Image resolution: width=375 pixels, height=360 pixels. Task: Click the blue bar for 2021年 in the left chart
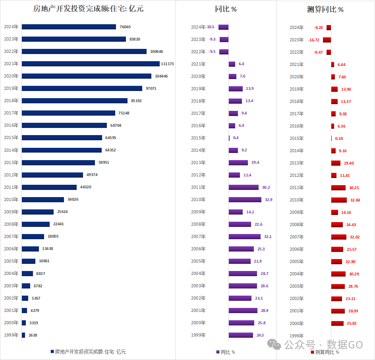(x=91, y=64)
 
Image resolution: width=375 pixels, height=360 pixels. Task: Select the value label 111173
(x=167, y=64)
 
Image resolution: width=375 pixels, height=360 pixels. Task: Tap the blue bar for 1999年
(x=23, y=335)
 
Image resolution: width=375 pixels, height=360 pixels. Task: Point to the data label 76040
(x=125, y=27)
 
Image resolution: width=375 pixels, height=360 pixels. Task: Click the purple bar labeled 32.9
(x=245, y=199)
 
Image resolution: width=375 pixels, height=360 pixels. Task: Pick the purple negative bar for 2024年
(x=223, y=27)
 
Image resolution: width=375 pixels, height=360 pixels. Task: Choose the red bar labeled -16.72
(x=327, y=40)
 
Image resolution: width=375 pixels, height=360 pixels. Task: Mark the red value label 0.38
(x=339, y=139)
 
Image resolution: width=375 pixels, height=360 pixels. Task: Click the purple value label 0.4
(x=236, y=138)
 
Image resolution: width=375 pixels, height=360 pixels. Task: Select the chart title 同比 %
(x=226, y=9)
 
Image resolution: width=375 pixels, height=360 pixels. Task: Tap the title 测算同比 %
(x=325, y=9)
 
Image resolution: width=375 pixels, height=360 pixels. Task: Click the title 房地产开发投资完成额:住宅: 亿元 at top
(x=88, y=9)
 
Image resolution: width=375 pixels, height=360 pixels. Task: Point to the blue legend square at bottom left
(x=52, y=351)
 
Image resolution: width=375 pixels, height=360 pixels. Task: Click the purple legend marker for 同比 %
(x=218, y=352)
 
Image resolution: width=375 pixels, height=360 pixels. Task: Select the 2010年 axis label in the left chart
(x=11, y=199)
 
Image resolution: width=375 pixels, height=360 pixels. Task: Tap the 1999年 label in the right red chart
(x=297, y=336)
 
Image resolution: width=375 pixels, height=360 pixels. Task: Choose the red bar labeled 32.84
(x=339, y=200)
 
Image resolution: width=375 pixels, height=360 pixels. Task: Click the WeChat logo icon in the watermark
(x=274, y=345)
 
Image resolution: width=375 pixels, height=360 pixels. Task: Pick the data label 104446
(x=161, y=76)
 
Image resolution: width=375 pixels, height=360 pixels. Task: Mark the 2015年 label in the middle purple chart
(x=198, y=138)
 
